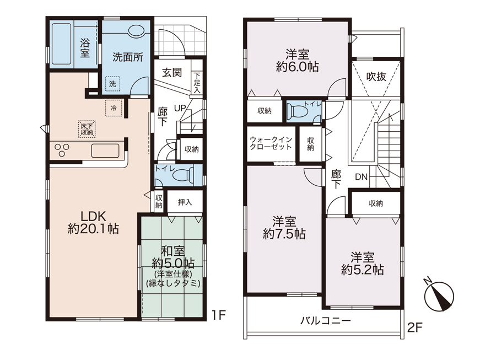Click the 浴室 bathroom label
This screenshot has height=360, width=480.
coord(85,48)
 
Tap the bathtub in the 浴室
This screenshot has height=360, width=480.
coord(62,44)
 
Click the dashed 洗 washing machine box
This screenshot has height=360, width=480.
coord(112,83)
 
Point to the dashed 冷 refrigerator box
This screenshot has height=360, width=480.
coord(114,108)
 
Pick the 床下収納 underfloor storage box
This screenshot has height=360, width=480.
coord(87,129)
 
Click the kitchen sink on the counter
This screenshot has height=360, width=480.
coord(105,151)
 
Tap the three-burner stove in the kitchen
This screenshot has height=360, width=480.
coord(62,150)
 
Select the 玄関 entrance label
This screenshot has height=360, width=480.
coord(172,73)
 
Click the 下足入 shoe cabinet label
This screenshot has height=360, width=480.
coord(197,82)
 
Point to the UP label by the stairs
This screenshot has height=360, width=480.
coord(180,108)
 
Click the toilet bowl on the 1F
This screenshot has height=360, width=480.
coord(183,175)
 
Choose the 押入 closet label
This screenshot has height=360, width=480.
coord(185,202)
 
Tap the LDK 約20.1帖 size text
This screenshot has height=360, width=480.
coord(93,223)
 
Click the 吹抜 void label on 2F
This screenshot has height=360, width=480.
coord(376,77)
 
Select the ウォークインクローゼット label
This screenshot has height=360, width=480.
coord(271,143)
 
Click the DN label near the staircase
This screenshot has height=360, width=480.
coord(361,176)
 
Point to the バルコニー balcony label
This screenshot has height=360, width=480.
coord(325,320)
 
